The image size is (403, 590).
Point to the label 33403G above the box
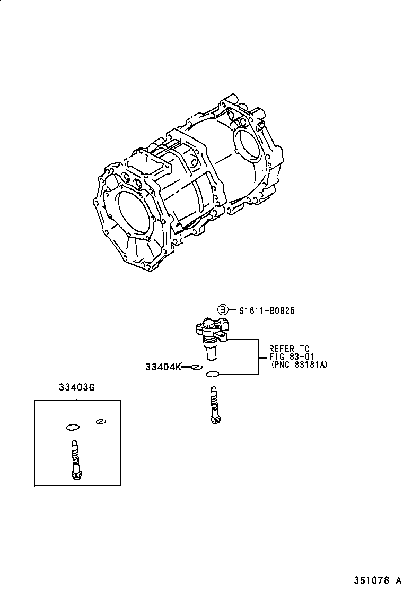76,387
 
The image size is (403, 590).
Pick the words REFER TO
290,349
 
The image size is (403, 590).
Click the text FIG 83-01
291,357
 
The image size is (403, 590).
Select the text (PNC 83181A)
299,365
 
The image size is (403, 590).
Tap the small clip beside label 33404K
197,367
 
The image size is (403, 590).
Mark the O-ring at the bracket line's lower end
212,374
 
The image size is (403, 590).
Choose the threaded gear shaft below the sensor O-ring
214,406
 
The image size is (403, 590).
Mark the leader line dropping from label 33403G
76,395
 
